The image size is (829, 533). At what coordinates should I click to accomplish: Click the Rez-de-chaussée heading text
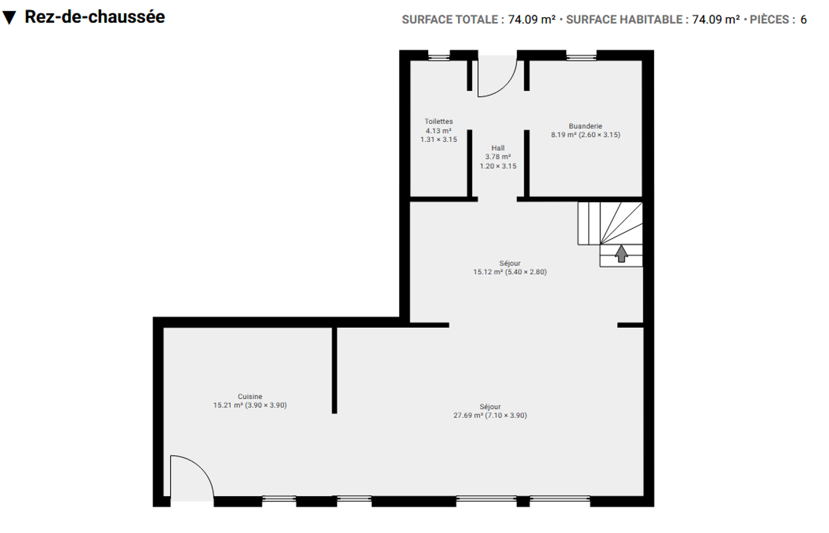click(x=95, y=17)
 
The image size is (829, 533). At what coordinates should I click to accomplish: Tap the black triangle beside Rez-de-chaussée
click(x=9, y=18)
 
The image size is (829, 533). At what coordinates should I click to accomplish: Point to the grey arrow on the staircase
click(x=621, y=254)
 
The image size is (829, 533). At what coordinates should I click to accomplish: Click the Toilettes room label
click(x=438, y=121)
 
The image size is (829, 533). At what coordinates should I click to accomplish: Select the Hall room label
click(x=498, y=148)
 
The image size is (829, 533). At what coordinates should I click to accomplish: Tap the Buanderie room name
click(x=585, y=126)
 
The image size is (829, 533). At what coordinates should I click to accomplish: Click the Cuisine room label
click(x=250, y=397)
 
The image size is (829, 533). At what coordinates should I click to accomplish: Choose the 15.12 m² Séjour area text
click(x=488, y=272)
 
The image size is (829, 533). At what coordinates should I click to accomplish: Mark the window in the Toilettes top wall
click(x=439, y=56)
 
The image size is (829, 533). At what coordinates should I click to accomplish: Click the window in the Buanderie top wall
click(x=581, y=56)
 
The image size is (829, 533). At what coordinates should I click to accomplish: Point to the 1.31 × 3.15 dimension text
click(x=439, y=139)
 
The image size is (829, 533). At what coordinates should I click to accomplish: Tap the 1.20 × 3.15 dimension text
click(x=498, y=166)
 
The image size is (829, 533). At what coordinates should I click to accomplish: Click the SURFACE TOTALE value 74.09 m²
click(x=532, y=20)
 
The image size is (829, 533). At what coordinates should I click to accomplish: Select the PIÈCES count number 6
click(x=804, y=20)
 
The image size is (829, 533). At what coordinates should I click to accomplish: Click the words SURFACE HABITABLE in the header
click(x=624, y=20)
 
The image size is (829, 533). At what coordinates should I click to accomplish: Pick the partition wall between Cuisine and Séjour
click(x=334, y=370)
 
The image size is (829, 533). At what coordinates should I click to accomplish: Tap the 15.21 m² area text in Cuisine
click(x=228, y=405)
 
